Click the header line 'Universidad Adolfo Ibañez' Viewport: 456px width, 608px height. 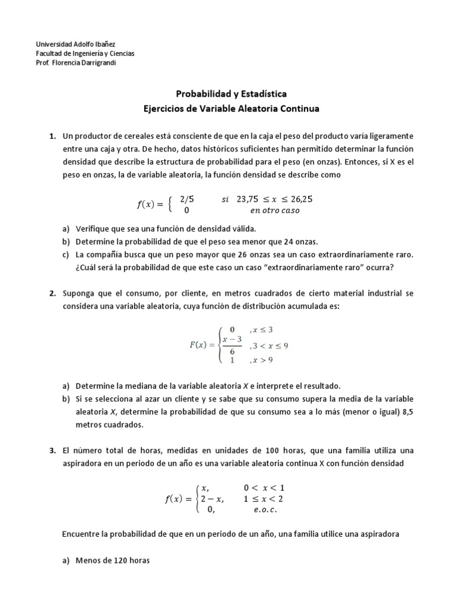tap(75, 44)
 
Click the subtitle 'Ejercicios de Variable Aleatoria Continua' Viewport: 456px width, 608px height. tap(231, 109)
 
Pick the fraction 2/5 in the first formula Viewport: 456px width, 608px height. tap(187, 199)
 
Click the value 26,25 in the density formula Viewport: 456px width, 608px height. tap(299, 199)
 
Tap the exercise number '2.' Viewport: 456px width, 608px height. tap(52, 293)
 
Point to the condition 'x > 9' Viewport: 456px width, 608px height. tap(261, 359)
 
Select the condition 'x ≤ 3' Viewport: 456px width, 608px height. tap(262, 330)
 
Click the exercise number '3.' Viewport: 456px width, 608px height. tap(52, 451)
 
